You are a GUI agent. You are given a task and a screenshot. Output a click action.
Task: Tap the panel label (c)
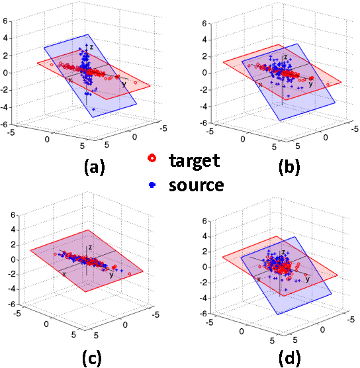coord(91,358)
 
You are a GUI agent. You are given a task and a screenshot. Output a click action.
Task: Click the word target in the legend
coord(193,160)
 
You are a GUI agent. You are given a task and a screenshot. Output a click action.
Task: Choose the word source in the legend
coord(196,185)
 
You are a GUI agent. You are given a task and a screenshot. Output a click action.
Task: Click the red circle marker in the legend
coord(153,160)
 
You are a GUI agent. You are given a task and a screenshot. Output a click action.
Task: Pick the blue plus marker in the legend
coord(153,185)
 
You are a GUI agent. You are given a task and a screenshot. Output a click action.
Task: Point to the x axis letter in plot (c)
coord(64,272)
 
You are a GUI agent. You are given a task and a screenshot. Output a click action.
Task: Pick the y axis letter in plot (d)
coord(307,279)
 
